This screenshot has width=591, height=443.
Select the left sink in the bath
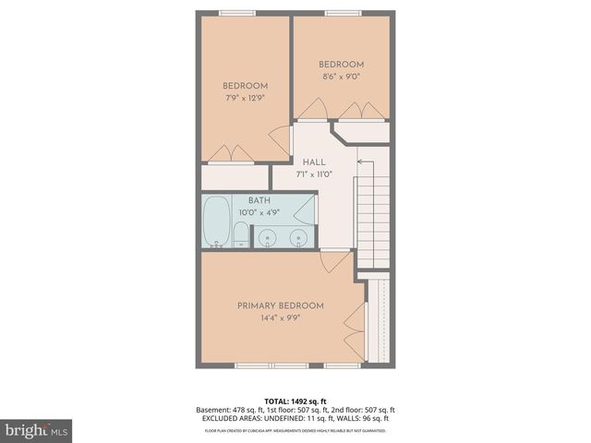tap(268, 239)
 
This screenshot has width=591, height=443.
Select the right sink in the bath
tap(297, 239)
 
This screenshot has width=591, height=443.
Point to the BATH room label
tap(259, 200)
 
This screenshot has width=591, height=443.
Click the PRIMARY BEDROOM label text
tap(281, 305)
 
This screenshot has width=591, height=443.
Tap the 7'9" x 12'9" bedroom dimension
tap(245, 98)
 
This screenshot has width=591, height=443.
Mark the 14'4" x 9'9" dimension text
tap(281, 318)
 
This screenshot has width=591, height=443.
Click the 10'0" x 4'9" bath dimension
tap(259, 213)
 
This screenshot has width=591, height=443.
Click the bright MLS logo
tap(36, 430)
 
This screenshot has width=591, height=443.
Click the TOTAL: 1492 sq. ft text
tap(295, 401)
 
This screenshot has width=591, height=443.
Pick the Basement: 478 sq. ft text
tap(228, 410)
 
